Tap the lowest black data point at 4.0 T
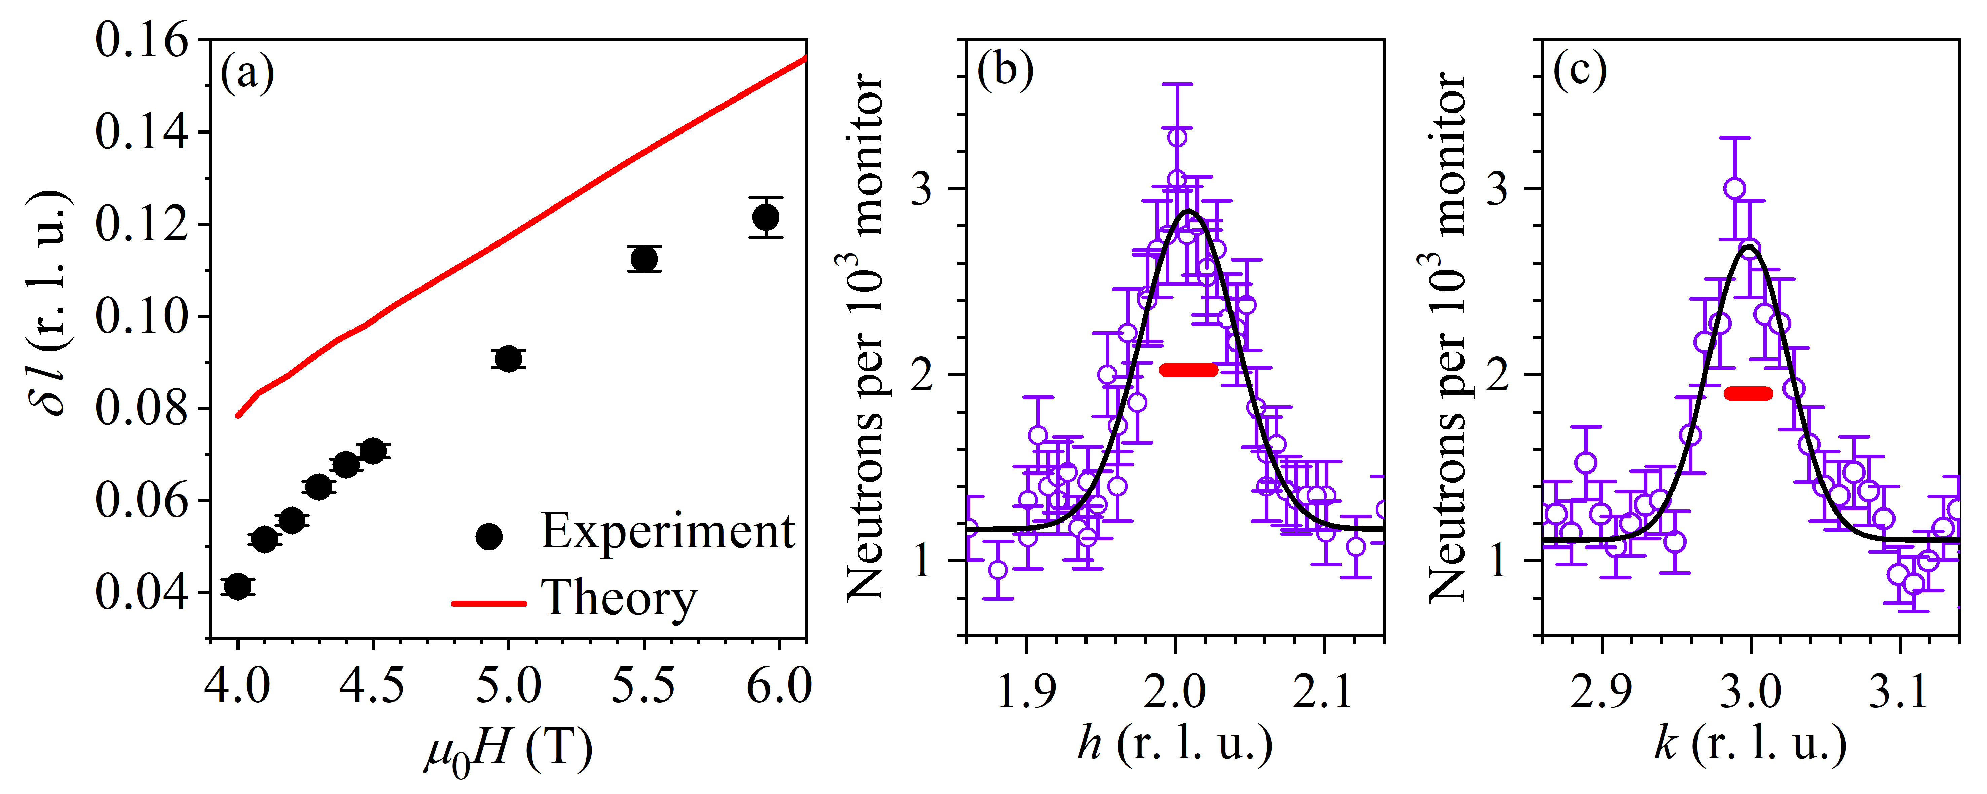click(237, 587)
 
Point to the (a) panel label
click(247, 75)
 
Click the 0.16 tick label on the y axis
click(141, 40)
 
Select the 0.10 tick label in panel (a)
click(141, 316)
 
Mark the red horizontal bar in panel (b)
click(1189, 370)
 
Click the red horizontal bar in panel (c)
click(1748, 393)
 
